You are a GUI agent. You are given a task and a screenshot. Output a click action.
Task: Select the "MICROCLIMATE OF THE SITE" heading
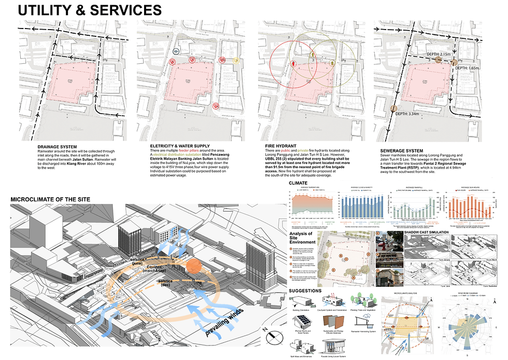[x=50, y=200]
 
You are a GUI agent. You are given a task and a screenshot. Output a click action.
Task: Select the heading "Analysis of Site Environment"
[x=302, y=240]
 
